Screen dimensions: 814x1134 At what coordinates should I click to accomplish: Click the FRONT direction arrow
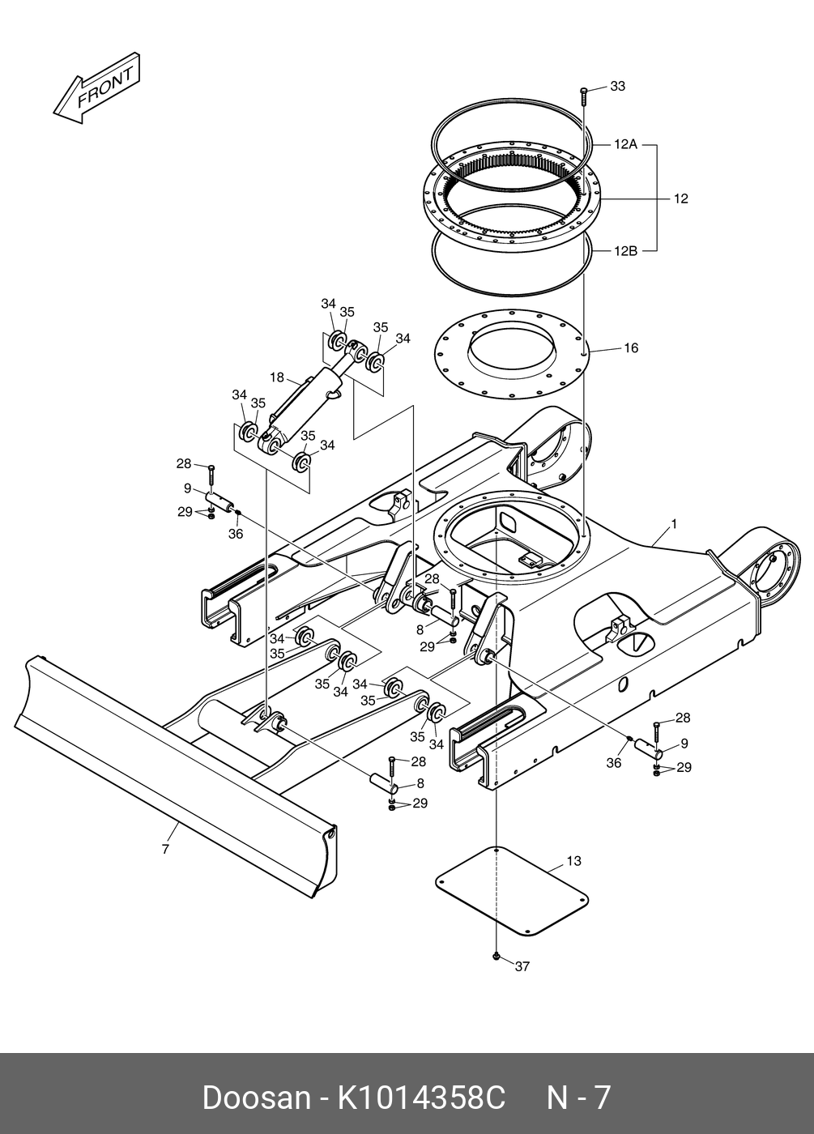96,88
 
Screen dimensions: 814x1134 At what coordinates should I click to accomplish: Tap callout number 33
617,86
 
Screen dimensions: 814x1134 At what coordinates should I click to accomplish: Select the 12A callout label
625,145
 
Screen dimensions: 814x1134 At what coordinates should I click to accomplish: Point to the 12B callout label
625,250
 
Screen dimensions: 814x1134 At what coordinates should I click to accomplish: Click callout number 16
631,347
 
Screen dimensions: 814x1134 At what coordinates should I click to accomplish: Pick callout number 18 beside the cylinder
277,377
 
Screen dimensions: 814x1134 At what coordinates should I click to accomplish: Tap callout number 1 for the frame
674,525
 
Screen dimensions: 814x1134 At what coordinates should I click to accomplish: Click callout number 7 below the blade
165,849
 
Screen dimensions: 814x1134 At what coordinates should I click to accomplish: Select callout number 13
573,860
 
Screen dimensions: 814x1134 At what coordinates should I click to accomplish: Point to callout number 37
522,966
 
